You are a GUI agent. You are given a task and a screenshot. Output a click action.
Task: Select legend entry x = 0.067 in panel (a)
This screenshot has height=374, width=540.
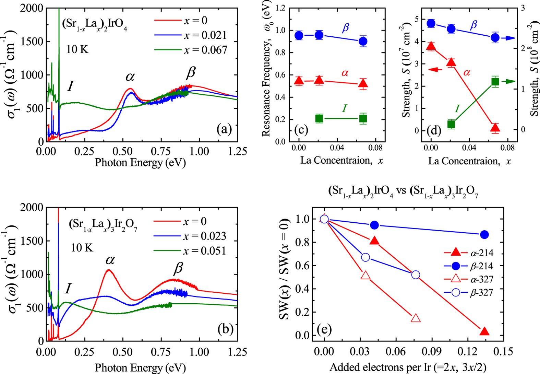tap(205, 50)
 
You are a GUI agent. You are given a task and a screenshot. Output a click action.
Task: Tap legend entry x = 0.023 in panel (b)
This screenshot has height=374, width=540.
tap(204, 236)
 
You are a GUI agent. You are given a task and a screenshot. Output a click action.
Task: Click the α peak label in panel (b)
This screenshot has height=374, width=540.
tap(110, 260)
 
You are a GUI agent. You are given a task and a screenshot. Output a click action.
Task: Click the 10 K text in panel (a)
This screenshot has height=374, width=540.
tap(77, 49)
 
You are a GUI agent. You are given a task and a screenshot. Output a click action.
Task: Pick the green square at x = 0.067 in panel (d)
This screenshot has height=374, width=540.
tap(495, 82)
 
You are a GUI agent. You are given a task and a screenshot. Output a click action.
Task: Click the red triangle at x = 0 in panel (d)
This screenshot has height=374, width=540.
tap(431, 46)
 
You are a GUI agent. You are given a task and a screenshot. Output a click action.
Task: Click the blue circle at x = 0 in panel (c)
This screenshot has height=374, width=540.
tap(299, 35)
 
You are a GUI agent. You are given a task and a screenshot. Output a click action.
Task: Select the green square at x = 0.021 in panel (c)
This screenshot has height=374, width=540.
tap(319, 119)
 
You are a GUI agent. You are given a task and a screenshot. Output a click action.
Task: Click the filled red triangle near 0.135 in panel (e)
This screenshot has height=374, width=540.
tap(484, 331)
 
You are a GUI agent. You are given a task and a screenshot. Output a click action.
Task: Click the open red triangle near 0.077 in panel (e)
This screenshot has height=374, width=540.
tap(416, 318)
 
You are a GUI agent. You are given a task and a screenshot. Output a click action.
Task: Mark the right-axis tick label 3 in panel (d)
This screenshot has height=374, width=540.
tap(523, 8)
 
